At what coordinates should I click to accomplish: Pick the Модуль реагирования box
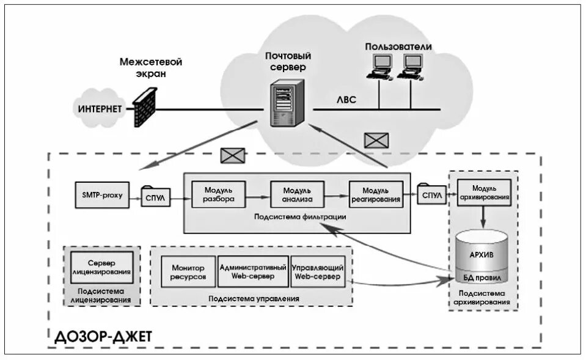click(376, 195)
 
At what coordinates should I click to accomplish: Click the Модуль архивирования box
click(483, 193)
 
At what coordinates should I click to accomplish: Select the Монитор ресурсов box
click(188, 271)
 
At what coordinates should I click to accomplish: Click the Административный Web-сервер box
click(253, 271)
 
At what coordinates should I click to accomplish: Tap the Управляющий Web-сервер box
click(317, 271)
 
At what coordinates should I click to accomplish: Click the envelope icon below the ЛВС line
click(376, 140)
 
